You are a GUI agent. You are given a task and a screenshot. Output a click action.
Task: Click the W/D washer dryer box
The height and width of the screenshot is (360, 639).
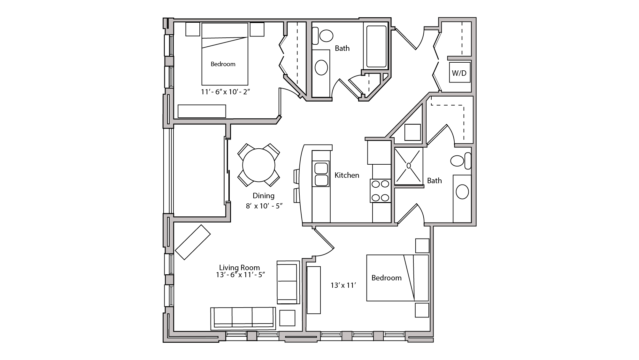coord(459,73)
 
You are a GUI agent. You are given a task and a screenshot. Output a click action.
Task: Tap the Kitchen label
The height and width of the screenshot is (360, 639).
coord(347,175)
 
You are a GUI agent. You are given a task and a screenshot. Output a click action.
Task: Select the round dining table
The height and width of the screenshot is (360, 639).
coord(258,165)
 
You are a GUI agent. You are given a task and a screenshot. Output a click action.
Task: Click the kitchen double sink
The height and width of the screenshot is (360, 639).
coord(321,174)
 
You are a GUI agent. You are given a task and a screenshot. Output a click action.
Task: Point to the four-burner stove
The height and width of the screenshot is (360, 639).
coord(380,191)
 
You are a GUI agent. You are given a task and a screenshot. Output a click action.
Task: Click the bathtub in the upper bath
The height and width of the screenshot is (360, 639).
coord(376,46)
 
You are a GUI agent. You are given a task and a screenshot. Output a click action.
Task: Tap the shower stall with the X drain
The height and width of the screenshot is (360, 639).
coord(409,166)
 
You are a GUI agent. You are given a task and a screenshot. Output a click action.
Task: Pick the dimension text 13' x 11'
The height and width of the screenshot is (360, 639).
coord(343,285)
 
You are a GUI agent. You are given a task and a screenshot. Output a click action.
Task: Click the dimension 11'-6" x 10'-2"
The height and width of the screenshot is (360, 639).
coord(225,92)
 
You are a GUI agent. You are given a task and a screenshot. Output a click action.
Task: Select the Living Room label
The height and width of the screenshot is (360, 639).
coord(239,267)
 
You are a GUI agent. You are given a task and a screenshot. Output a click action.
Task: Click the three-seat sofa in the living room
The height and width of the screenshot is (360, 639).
coord(243,318)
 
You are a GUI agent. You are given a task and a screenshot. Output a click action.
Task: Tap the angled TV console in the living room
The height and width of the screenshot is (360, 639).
coord(193,242)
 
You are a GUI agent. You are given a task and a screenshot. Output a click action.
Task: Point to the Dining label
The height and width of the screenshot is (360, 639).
coord(263,196)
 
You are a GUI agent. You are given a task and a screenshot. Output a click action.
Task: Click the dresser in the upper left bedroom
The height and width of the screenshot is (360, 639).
coord(202,111)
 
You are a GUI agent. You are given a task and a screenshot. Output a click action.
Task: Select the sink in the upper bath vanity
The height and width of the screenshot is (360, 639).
coord(321,68)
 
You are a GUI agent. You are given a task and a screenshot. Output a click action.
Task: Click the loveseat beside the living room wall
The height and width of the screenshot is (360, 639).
coord(288,282)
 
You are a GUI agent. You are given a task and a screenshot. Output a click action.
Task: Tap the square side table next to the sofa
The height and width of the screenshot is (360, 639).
coord(287,318)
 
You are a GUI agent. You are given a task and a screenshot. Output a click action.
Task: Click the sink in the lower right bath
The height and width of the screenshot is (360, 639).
coord(462,192)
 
